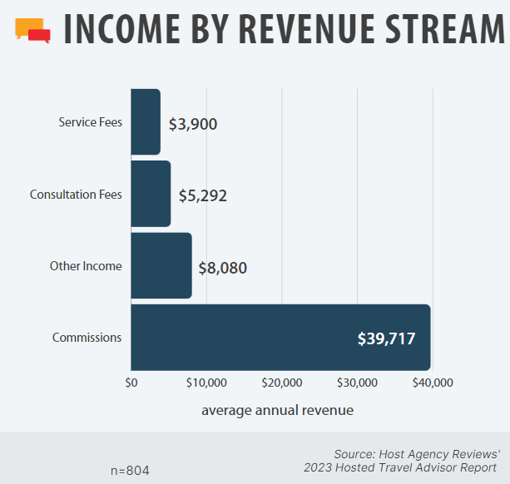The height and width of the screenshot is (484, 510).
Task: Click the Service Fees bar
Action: click(x=146, y=121)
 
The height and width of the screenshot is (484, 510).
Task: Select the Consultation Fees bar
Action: click(x=151, y=194)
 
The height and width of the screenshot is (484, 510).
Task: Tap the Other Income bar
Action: click(x=161, y=265)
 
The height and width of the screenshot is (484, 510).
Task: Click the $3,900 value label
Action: click(x=192, y=125)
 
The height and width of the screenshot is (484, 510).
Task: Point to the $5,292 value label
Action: click(x=202, y=196)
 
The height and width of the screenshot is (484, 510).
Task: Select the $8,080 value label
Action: click(x=222, y=268)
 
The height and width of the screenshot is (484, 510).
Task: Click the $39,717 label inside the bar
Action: click(x=386, y=338)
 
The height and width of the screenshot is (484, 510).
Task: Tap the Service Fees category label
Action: click(x=90, y=122)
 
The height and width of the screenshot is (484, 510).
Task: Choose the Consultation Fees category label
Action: click(x=76, y=195)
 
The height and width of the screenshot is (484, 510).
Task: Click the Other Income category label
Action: click(x=86, y=266)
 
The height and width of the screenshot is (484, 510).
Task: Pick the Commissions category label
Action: click(x=87, y=338)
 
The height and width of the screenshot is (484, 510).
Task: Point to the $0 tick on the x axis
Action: click(x=131, y=383)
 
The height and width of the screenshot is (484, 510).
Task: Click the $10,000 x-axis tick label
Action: click(x=206, y=383)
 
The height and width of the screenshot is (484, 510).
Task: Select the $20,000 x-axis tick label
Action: click(x=281, y=383)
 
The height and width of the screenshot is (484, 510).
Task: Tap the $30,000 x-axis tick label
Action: click(x=357, y=383)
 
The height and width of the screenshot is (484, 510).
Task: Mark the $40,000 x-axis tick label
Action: click(x=433, y=383)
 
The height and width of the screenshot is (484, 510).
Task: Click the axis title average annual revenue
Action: click(x=277, y=410)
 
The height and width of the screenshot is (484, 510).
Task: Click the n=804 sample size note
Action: click(x=130, y=470)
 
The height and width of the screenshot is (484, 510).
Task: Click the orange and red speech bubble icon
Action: click(x=33, y=31)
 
